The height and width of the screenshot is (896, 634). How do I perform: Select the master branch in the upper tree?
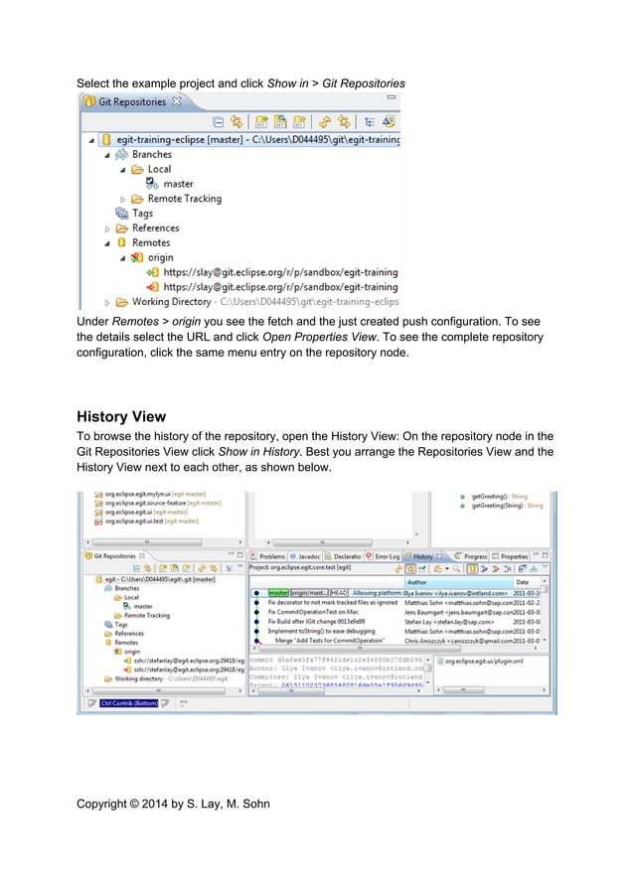tap(178, 184)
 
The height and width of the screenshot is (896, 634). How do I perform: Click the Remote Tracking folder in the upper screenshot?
tap(184, 199)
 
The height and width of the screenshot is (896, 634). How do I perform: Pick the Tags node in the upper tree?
tap(142, 213)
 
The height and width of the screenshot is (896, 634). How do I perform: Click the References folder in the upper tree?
tap(155, 227)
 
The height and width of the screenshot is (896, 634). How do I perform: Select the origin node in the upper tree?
tap(153, 257)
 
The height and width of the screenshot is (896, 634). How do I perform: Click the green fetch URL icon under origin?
tap(153, 272)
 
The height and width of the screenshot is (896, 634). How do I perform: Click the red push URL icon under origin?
tap(153, 286)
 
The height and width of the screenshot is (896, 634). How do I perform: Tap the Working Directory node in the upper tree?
tap(171, 301)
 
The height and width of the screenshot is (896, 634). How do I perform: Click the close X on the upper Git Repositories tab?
tap(176, 100)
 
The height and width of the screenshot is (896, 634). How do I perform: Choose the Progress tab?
tap(475, 556)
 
